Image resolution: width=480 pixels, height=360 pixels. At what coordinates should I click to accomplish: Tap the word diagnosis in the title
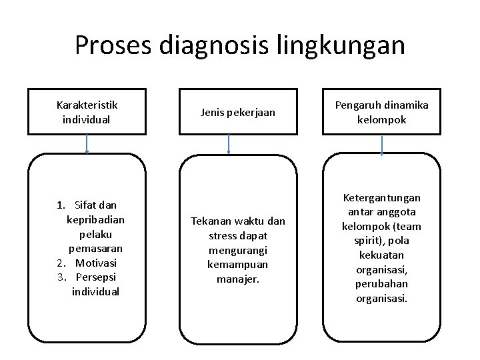[212, 45]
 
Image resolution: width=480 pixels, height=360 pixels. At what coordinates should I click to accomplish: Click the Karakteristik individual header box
[87, 112]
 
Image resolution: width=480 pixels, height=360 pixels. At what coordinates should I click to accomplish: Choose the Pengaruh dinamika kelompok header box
[381, 112]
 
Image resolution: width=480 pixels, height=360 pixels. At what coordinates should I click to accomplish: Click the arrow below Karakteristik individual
[87, 143]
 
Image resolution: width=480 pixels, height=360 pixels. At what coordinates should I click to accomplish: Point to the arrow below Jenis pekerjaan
[229, 143]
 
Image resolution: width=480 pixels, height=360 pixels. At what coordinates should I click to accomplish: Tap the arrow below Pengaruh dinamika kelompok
[381, 145]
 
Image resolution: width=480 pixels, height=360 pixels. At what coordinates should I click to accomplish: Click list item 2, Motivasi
[95, 263]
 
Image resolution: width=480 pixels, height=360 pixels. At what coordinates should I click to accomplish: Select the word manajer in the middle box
[238, 279]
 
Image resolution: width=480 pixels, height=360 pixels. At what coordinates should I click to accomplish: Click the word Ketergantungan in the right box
[382, 198]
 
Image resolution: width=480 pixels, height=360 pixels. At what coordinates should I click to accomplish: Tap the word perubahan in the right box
[382, 284]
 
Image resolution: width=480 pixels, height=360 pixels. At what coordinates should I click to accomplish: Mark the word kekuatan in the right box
[382, 255]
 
